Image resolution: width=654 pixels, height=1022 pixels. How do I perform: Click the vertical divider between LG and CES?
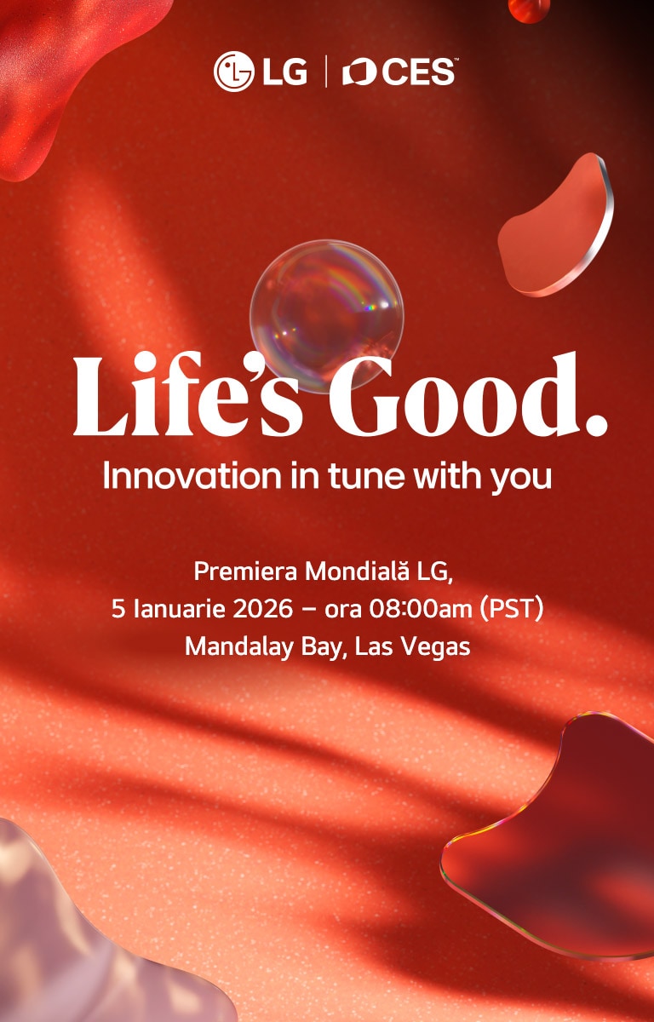pyautogui.click(x=325, y=72)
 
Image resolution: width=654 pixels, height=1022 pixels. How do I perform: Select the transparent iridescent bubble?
pyautogui.click(x=325, y=314)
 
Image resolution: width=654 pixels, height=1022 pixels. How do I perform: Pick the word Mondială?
pyautogui.click(x=355, y=571)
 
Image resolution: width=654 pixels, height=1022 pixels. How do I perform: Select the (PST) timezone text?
pyautogui.click(x=513, y=609)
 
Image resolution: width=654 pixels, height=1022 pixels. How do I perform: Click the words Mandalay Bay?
pyautogui.click(x=265, y=646)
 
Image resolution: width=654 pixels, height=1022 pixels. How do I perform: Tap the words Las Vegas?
pyautogui.click(x=413, y=646)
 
